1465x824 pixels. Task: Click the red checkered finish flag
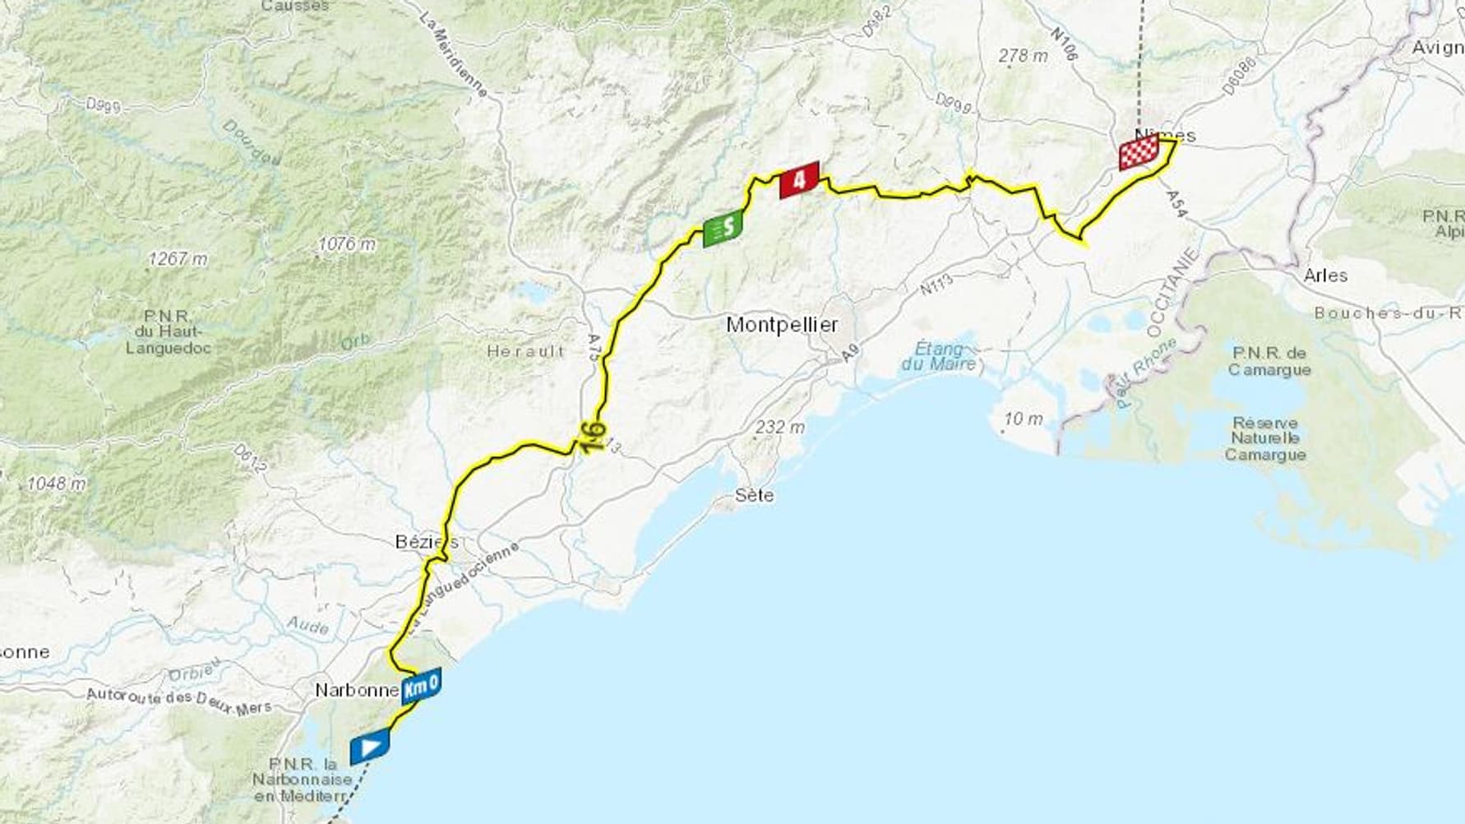(1139, 153)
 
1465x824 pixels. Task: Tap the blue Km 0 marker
(421, 686)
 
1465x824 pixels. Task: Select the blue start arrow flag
(369, 747)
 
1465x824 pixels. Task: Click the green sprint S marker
(723, 228)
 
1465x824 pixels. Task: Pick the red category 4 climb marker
(799, 180)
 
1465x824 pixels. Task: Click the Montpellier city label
(782, 325)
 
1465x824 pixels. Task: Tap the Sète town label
(754, 495)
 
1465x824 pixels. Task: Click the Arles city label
(1325, 275)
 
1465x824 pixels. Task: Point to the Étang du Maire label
(939, 356)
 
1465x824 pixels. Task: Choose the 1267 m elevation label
(178, 259)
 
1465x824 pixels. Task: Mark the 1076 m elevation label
(347, 244)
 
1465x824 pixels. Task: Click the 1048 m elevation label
(56, 484)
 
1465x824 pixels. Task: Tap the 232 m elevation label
(779, 427)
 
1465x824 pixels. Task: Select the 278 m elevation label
(1023, 56)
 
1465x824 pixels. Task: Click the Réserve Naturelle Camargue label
(1265, 438)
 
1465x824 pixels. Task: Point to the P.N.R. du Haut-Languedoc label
(168, 331)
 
